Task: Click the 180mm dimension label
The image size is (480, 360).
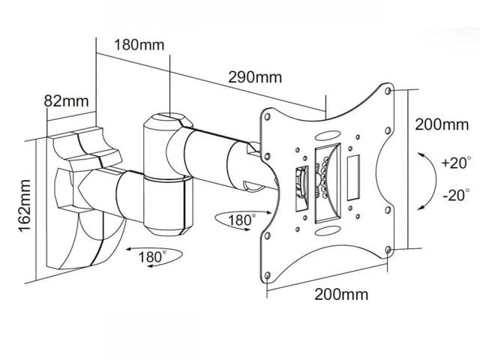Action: pos(139,45)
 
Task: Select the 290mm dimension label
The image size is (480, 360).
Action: pos(255,77)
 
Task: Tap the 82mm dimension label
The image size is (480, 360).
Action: pos(67,101)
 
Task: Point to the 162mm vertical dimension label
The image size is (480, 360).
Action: pos(25,206)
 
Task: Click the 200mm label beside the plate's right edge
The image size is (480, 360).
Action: pos(442,124)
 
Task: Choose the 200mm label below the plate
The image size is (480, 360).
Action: pos(341,295)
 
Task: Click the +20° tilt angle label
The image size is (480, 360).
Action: pos(455,163)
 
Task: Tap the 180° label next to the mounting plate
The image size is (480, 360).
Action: pos(242,220)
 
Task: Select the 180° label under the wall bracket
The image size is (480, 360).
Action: pos(152,256)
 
